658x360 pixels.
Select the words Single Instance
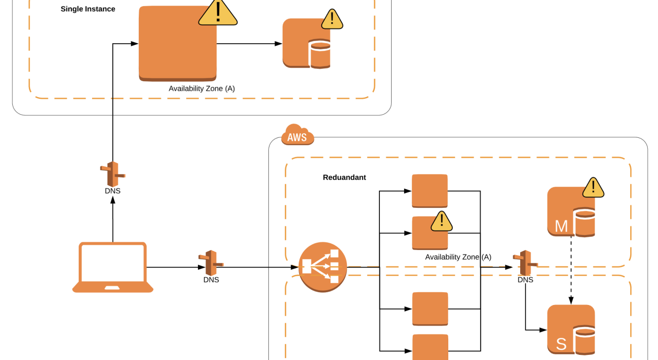tap(88, 9)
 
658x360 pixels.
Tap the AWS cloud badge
tap(297, 136)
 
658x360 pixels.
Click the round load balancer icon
tap(323, 267)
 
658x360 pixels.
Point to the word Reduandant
tap(344, 177)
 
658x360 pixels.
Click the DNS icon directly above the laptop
tap(113, 174)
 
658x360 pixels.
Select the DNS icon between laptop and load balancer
tap(211, 263)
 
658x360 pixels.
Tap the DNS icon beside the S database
tap(525, 263)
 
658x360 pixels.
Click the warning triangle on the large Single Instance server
tap(218, 12)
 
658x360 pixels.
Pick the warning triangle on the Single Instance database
tap(333, 20)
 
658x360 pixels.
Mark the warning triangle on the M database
tap(593, 188)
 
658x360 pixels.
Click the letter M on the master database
tap(561, 226)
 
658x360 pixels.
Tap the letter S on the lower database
tap(561, 344)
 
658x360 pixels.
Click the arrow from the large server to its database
tap(249, 44)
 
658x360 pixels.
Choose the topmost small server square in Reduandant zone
tap(430, 191)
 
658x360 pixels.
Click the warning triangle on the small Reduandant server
tap(441, 221)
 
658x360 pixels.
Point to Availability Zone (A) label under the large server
tap(202, 88)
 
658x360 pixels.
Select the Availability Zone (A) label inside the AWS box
tap(458, 257)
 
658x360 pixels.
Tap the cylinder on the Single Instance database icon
tap(320, 56)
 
